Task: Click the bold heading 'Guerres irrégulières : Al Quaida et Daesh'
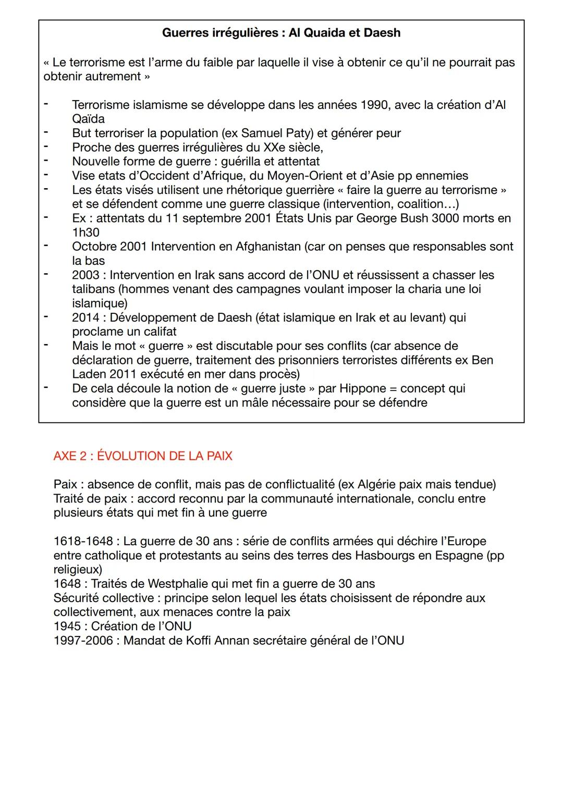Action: click(x=281, y=33)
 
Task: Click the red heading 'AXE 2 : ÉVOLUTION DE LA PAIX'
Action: click(x=142, y=456)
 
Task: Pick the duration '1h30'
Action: click(x=85, y=232)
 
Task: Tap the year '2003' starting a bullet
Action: click(x=86, y=275)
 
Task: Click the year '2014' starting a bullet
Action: click(x=86, y=317)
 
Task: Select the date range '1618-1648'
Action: click(x=83, y=542)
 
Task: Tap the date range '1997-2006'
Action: click(x=83, y=641)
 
